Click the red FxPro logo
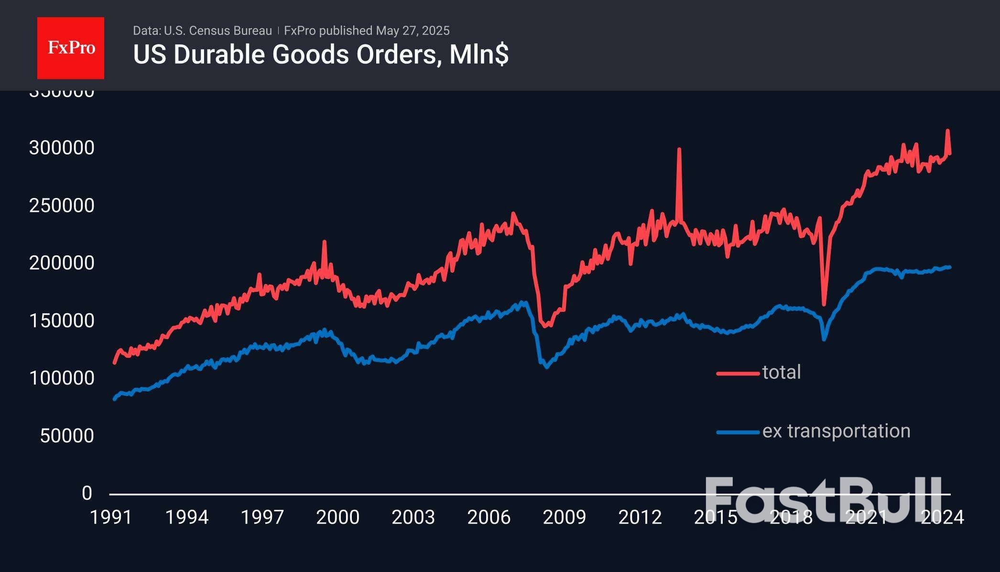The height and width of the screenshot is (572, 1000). (x=71, y=48)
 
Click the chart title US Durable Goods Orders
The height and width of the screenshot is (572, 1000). (x=320, y=55)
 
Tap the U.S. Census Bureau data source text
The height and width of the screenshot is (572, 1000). (x=202, y=31)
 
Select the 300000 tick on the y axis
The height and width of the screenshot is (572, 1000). (x=62, y=148)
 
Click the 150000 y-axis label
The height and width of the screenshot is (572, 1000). (x=62, y=320)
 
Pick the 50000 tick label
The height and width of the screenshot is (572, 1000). (x=67, y=436)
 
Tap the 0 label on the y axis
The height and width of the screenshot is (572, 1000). (x=87, y=493)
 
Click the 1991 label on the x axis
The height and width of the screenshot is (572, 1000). (x=111, y=517)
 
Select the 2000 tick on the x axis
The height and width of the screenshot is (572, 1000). (x=337, y=517)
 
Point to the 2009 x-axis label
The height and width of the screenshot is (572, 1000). (x=564, y=517)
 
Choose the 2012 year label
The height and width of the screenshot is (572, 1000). (x=640, y=517)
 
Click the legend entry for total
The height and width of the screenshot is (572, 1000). (x=781, y=372)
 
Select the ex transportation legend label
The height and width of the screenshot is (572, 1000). (x=836, y=431)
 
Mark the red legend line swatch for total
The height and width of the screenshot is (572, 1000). (x=738, y=373)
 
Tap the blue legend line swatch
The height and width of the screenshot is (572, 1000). (x=738, y=432)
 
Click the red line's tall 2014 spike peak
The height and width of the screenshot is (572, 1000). (x=679, y=150)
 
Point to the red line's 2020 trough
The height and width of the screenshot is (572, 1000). (x=824, y=304)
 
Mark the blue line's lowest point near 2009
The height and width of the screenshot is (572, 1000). (x=547, y=367)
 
